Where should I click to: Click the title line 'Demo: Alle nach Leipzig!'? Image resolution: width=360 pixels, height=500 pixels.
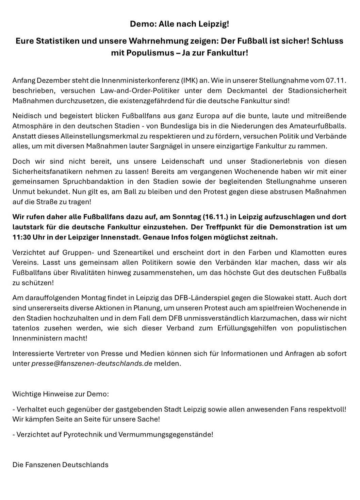[x=180, y=24]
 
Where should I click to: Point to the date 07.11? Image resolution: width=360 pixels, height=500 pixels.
[x=336, y=81]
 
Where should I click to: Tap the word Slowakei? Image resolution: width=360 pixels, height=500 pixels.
[x=278, y=298]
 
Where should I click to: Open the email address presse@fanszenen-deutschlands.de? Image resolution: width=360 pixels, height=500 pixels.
[x=92, y=363]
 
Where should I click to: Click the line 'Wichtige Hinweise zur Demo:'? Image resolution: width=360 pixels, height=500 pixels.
[x=61, y=394]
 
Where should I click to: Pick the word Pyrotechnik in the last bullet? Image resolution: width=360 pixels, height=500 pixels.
[x=81, y=434]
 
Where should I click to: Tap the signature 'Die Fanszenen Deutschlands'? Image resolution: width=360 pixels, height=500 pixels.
[x=61, y=465]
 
